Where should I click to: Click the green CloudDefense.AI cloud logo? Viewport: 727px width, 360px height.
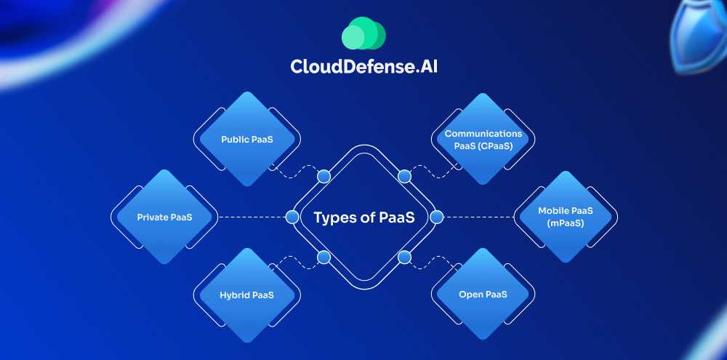click(x=363, y=33)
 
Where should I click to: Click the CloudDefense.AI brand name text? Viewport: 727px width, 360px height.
click(x=363, y=66)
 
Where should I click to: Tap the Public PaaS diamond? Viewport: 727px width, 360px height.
click(x=247, y=138)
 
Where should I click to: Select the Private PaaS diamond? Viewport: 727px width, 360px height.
click(x=164, y=217)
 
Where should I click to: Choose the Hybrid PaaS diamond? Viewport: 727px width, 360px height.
click(x=247, y=295)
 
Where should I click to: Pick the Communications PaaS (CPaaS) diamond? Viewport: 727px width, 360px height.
click(x=483, y=138)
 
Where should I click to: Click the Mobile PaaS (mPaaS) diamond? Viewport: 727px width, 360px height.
click(x=566, y=217)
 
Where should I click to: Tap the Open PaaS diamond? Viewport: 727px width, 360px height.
click(x=483, y=295)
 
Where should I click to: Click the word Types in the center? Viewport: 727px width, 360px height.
click(x=335, y=217)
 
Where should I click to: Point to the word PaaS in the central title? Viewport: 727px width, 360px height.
click(x=397, y=217)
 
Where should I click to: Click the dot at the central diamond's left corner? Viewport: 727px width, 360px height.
click(x=292, y=217)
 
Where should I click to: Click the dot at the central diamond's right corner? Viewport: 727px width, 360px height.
click(x=436, y=217)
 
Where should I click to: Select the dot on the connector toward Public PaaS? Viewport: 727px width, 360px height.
click(x=324, y=176)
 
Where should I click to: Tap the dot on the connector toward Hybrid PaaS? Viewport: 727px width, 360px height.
click(x=324, y=256)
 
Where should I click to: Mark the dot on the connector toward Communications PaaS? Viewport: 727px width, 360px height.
click(x=404, y=176)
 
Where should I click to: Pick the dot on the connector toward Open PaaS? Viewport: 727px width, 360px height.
click(x=404, y=256)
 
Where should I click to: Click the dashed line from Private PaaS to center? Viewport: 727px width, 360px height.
click(x=251, y=217)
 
